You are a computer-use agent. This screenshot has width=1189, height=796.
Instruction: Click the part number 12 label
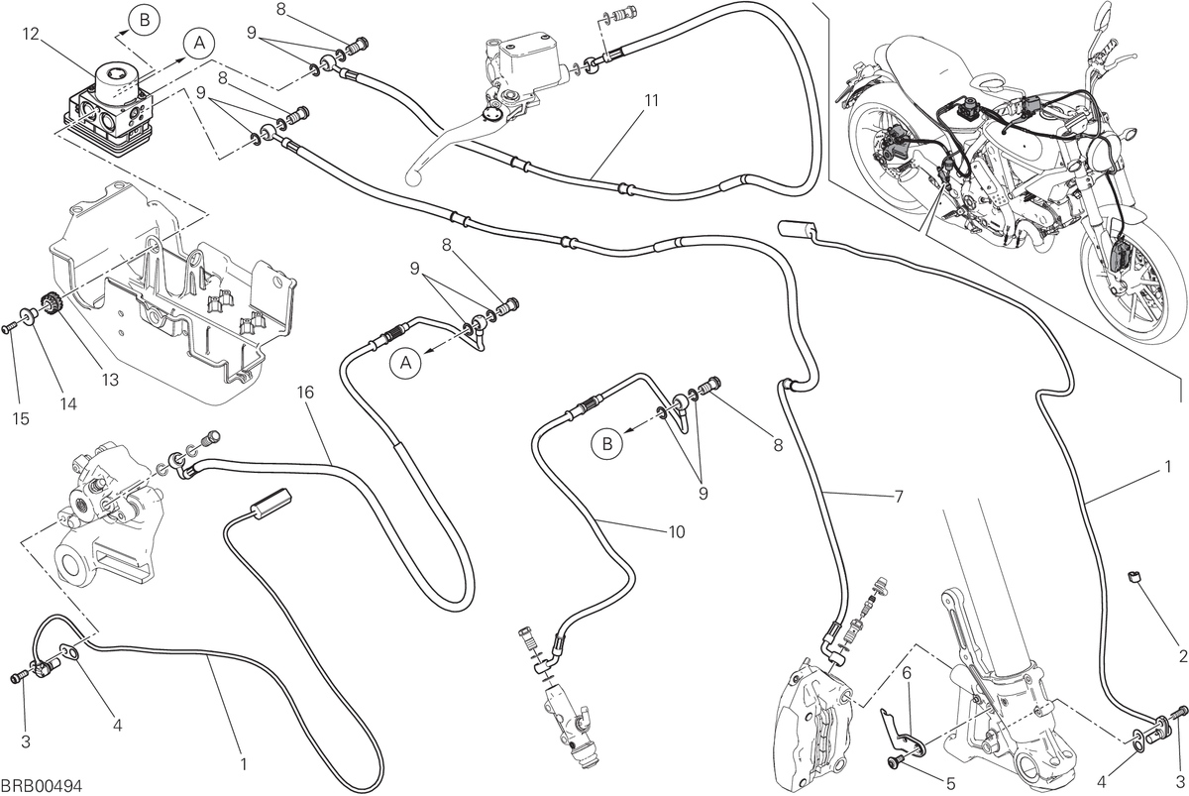(31, 34)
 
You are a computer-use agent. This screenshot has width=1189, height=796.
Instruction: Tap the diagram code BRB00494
(42, 785)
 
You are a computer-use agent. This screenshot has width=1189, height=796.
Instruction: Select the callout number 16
(305, 393)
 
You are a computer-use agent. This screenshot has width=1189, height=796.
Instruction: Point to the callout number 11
(651, 100)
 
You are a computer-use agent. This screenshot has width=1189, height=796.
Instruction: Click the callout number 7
(898, 497)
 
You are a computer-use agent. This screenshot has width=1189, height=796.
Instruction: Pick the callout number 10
(677, 531)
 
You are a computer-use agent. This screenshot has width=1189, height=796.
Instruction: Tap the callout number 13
(110, 380)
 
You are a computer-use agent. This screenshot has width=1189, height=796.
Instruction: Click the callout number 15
(21, 419)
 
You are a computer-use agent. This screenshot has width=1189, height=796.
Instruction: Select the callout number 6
(906, 674)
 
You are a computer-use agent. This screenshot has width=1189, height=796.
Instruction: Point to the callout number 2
(1183, 656)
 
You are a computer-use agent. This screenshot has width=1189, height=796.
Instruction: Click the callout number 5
(950, 783)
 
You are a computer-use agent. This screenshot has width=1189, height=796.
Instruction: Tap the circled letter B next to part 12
(145, 20)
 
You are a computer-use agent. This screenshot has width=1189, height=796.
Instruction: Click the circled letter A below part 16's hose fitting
(405, 363)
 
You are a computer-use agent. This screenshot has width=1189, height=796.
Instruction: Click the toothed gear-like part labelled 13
(52, 305)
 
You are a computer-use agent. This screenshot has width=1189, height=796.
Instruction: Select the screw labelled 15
(8, 330)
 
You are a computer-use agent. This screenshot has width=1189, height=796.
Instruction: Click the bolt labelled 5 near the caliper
(894, 763)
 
